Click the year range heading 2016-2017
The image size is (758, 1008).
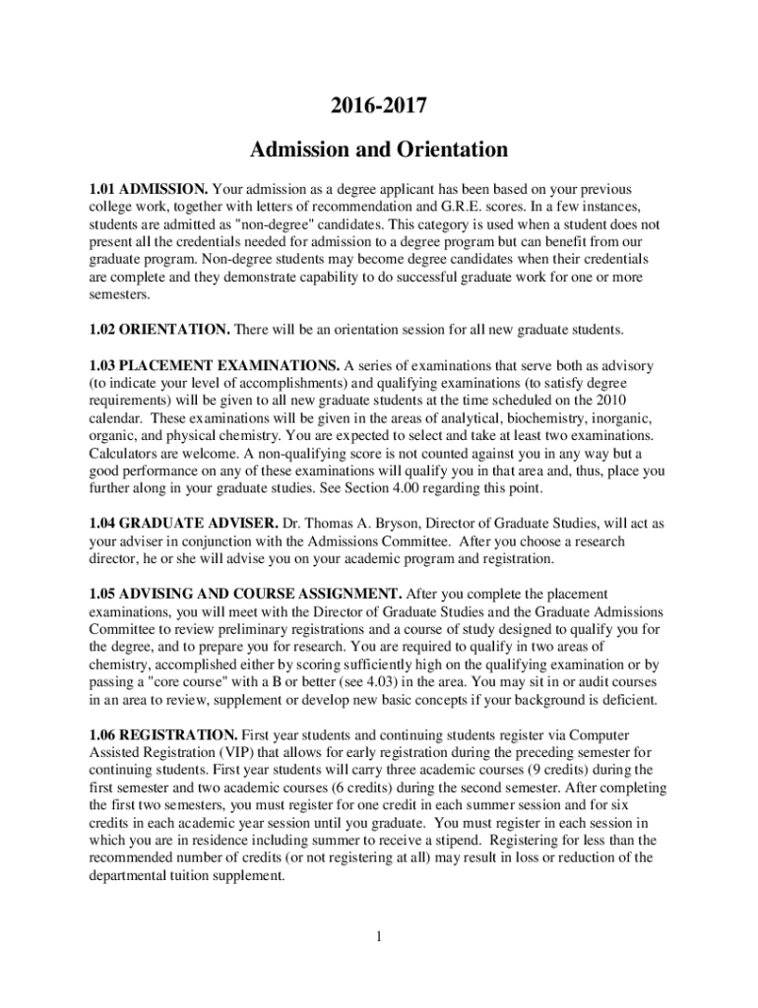point(378,104)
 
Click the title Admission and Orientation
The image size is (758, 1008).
point(378,151)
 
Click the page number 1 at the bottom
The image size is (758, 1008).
point(378,935)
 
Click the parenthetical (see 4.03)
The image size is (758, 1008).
point(382,682)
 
